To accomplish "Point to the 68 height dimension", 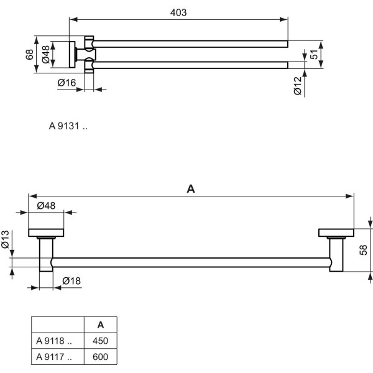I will pyautogui.click(x=29, y=54).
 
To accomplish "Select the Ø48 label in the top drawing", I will pyautogui.click(x=45, y=55).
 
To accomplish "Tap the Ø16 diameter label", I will pyautogui.click(x=67, y=83).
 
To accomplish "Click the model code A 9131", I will pyautogui.click(x=68, y=126).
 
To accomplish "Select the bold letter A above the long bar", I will pyautogui.click(x=191, y=190).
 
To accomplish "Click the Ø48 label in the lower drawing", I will pyautogui.click(x=47, y=206).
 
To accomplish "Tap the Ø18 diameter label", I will pyautogui.click(x=71, y=282).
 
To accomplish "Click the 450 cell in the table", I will pyautogui.click(x=101, y=340).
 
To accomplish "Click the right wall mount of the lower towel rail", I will pyautogui.click(x=335, y=234).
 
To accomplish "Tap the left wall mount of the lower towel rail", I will pyautogui.click(x=47, y=234).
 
